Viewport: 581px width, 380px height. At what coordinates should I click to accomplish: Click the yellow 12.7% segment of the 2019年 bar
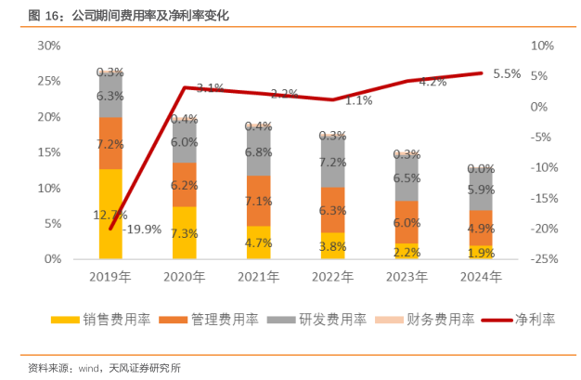[110, 214]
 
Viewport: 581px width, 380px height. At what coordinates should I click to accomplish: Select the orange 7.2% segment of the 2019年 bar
[110, 143]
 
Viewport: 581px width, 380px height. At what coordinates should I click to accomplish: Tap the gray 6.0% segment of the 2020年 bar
[185, 142]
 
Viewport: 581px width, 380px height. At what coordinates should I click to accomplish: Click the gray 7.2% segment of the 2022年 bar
[332, 162]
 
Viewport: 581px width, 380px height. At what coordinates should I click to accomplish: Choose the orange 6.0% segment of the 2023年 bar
[406, 222]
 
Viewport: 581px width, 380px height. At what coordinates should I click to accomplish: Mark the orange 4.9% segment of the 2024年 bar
[480, 228]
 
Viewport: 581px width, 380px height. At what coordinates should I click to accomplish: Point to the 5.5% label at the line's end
[507, 73]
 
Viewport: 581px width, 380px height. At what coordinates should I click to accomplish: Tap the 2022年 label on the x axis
[332, 276]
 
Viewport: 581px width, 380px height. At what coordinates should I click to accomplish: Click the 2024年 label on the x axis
[480, 276]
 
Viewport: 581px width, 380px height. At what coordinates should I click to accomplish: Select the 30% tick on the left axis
[49, 46]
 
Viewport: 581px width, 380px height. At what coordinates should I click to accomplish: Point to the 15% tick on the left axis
[49, 152]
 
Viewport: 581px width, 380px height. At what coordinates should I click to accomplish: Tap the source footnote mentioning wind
[104, 367]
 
